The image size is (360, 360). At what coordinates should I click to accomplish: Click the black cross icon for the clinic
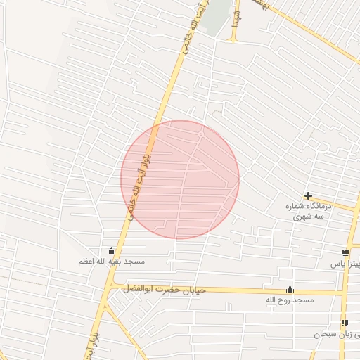click(x=308, y=195)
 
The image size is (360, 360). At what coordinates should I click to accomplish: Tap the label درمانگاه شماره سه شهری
click(x=308, y=212)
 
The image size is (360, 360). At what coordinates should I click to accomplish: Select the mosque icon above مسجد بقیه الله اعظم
click(x=111, y=251)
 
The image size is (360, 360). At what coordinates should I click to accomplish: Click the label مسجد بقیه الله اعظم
click(x=111, y=262)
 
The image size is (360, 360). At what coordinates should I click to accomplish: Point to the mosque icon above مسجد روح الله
click(x=290, y=289)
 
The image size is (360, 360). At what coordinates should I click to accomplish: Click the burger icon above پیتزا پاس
click(x=345, y=252)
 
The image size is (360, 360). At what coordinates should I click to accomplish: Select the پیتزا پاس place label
click(x=347, y=264)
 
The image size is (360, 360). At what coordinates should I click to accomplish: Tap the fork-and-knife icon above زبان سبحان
click(x=345, y=323)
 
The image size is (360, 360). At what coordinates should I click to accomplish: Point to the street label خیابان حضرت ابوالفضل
click(x=164, y=289)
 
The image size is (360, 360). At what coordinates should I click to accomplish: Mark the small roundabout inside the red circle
click(x=201, y=134)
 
